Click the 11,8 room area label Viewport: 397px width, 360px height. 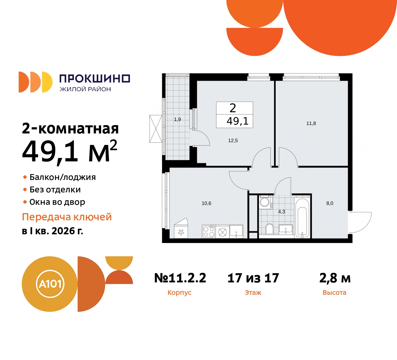click(311, 124)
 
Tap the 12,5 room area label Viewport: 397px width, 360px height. click(233, 141)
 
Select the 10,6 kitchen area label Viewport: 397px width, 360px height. click(206, 204)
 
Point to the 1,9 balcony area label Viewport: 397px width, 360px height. click(177, 119)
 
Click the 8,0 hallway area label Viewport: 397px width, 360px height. click(330, 204)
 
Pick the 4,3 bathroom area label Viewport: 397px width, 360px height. click(282, 212)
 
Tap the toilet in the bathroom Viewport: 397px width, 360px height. click(270, 229)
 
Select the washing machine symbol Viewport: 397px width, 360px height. click(265, 202)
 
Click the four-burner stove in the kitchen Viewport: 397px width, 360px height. click(209, 232)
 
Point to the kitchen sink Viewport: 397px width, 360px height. click(236, 231)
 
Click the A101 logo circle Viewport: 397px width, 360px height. click(50, 284)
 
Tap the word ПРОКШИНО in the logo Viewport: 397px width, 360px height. click(95, 79)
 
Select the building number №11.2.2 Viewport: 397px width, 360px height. click(180, 278)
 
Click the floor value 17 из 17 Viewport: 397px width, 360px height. click(253, 278)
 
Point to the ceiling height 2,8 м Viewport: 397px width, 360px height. click(335, 278)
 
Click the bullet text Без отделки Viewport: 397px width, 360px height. click(55, 190)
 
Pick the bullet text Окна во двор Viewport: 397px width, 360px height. click(57, 202)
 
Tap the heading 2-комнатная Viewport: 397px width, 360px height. click(70, 128)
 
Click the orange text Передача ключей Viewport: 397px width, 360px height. click(67, 217)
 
